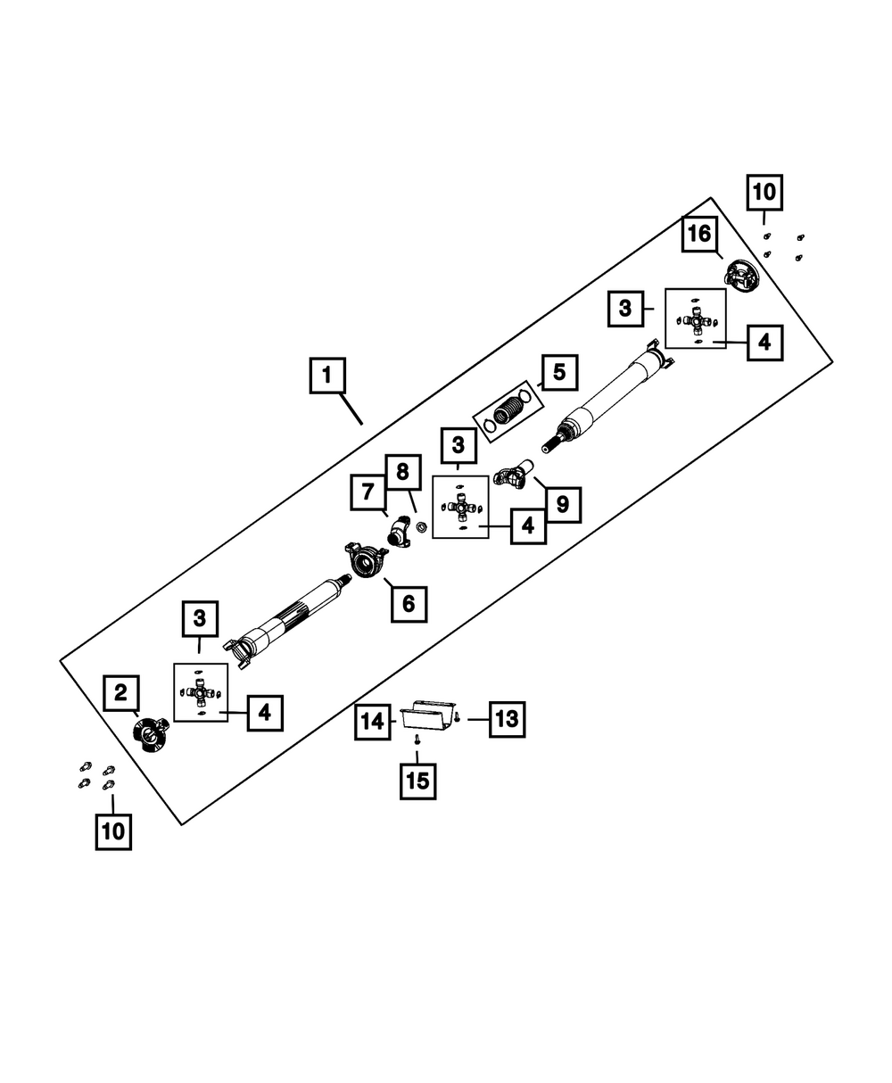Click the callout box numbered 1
click(x=327, y=376)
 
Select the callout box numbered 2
click(x=121, y=692)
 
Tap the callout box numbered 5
click(x=559, y=372)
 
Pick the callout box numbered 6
click(x=408, y=604)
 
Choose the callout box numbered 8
click(x=402, y=470)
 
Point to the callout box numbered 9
click(x=562, y=504)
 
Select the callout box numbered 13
click(x=507, y=719)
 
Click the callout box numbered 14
click(x=372, y=721)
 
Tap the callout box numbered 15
click(x=417, y=781)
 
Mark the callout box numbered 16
click(x=699, y=235)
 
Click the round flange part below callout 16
click(x=741, y=276)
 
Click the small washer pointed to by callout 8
click(x=424, y=526)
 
